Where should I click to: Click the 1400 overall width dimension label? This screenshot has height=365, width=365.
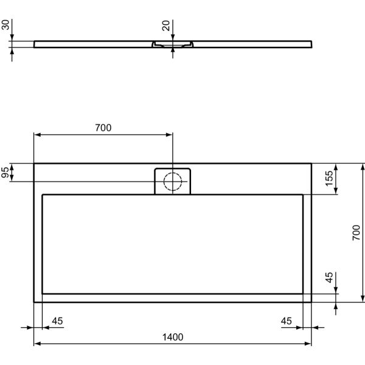point(173,337)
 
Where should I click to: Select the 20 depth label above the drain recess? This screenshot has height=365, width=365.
point(165,27)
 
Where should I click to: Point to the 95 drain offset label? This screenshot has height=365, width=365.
point(6,173)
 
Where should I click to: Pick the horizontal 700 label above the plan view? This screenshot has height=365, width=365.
point(103,128)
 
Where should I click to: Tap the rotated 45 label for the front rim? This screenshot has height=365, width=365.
point(329,279)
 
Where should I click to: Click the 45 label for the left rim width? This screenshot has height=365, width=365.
point(57,321)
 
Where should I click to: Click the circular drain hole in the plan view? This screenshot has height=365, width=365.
point(173,181)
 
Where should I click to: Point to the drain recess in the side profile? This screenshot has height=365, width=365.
point(173,44)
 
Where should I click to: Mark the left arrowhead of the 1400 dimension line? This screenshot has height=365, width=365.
point(36,344)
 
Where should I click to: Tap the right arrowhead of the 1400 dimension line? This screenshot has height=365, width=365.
point(309,344)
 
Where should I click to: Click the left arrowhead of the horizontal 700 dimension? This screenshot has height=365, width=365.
point(36,134)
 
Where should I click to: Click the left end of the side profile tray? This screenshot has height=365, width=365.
point(35,44)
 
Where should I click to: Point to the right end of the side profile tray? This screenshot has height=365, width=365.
point(311,44)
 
